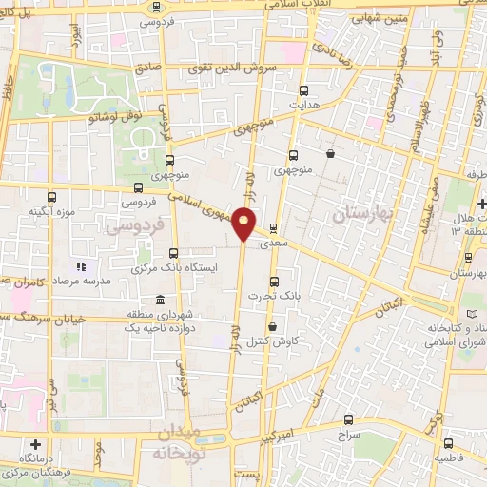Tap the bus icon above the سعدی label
[x=274, y=228]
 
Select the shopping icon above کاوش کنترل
[x=274, y=325]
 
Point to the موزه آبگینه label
[x=51, y=210]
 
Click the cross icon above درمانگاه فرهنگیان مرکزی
[x=35, y=443]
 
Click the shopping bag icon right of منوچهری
[x=330, y=153]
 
